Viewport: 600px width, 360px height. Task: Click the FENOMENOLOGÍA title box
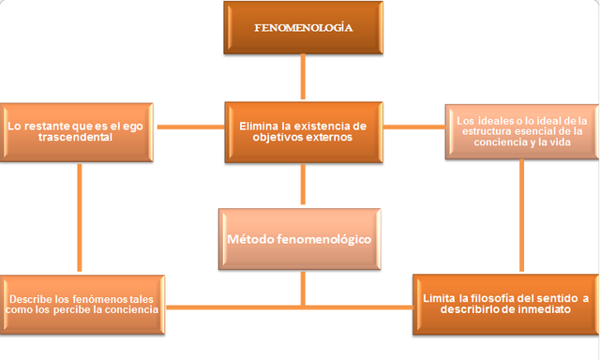coord(303,27)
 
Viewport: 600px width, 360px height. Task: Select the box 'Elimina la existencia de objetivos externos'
coord(302,130)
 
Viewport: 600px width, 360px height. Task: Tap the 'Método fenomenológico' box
coord(299,240)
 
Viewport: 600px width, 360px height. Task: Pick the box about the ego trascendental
coord(79,130)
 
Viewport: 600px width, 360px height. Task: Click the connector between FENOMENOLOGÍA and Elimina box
coord(303,77)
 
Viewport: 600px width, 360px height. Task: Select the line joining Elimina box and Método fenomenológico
coord(303,183)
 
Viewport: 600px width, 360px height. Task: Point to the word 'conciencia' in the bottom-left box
coord(132,307)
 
